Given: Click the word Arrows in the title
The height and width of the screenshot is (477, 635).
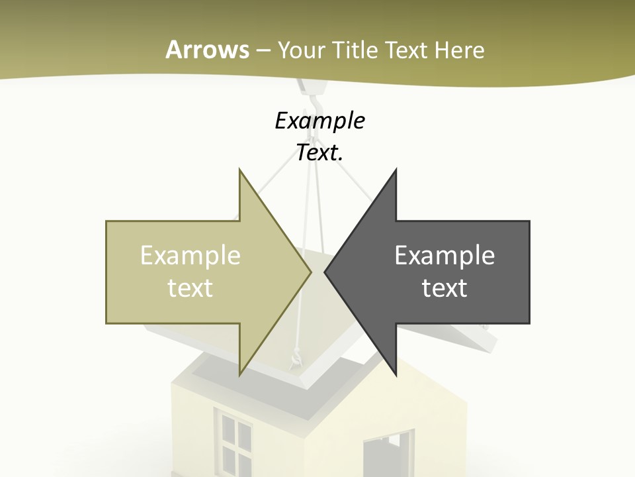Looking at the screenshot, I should [207, 50].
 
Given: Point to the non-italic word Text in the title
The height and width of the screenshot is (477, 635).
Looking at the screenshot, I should [409, 50].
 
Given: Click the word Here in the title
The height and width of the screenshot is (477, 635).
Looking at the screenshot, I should [460, 50].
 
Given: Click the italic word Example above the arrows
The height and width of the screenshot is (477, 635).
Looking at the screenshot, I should [320, 121].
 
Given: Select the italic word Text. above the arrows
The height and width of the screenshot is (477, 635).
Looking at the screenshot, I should [320, 152].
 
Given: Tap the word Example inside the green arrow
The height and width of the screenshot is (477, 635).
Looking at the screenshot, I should [190, 256].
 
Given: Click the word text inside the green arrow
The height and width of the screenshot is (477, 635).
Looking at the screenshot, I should [190, 288].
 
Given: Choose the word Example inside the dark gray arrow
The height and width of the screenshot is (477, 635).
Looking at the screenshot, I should [444, 256].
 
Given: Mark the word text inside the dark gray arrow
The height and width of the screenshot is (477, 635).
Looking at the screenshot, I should [444, 288].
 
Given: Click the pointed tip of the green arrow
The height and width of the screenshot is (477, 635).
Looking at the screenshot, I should [310, 272].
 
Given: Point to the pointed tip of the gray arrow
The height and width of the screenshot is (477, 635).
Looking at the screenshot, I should [325, 272].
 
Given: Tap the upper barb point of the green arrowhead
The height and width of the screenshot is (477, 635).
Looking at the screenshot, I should [239, 170].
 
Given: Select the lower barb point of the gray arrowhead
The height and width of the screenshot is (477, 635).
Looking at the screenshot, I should [396, 375].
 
